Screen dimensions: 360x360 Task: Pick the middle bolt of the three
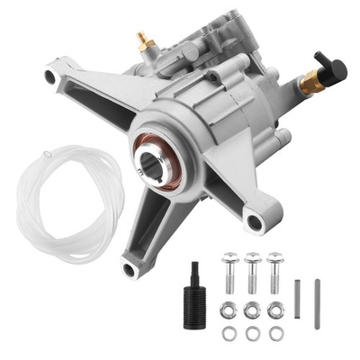(x=253, y=269)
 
